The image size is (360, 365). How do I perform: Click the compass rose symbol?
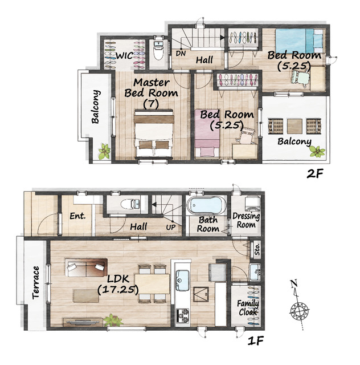300,311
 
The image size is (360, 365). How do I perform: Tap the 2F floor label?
315,173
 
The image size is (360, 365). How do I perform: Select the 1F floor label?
255,341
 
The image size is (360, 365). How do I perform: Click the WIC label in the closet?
124,56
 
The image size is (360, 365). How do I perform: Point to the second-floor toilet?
159,51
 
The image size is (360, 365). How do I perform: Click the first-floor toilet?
130,204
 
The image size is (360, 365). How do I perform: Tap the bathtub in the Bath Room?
206,205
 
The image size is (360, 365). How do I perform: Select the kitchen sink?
182,280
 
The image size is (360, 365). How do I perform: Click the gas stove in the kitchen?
182,315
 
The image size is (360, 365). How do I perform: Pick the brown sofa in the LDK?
86,267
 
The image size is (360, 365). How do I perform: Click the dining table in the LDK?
152,284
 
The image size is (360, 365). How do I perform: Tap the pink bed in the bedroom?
207,134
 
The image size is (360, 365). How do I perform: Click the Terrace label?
36,282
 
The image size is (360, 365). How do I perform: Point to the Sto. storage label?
257,249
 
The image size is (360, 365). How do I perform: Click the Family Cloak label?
248,308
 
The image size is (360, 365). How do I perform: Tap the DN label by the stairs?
181,54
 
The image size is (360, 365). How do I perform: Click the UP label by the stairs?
171,227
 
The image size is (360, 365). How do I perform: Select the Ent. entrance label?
77,216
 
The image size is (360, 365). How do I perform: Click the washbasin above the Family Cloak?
255,272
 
